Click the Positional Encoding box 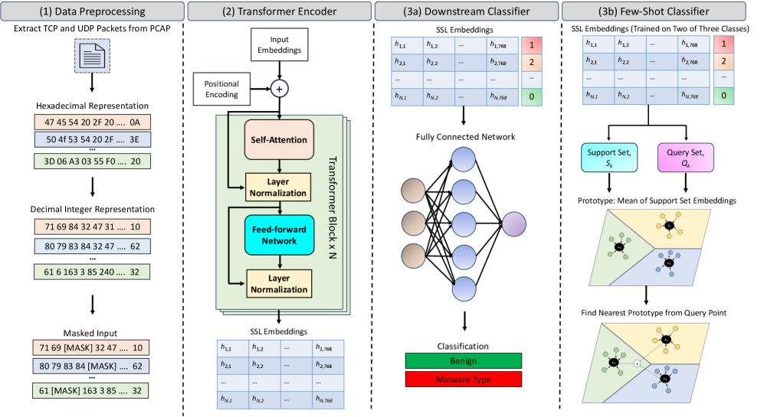tap(221, 89)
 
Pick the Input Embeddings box tap(279, 44)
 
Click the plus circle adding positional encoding tap(279, 89)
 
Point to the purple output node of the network tap(514, 223)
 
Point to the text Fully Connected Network tap(465, 137)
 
